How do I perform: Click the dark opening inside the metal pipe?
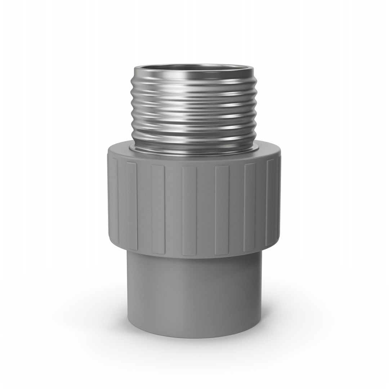pos(194,67)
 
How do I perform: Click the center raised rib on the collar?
pos(189,211)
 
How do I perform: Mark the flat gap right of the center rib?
pos(206,211)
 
